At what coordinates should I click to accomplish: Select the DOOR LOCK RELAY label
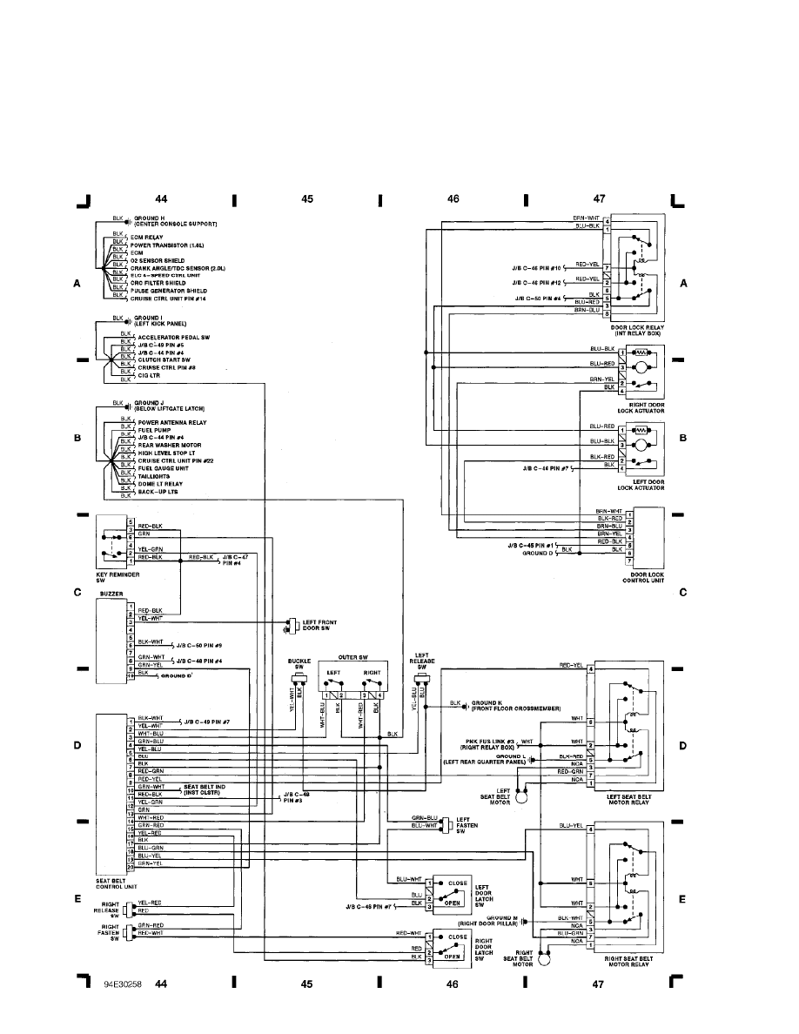(638, 329)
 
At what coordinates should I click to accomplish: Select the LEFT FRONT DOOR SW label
(320, 627)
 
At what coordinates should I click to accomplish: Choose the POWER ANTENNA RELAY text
(172, 422)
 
